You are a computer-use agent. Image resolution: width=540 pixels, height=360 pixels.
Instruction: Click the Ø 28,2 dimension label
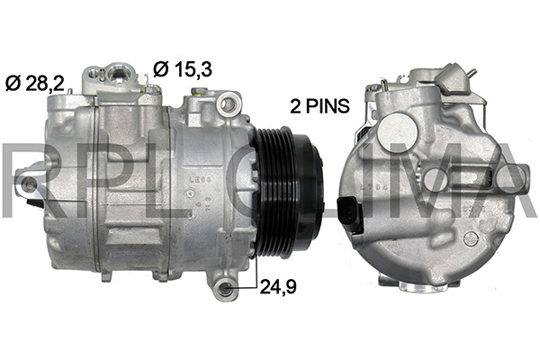(35, 84)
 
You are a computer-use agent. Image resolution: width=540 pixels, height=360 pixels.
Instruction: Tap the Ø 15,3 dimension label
(183, 69)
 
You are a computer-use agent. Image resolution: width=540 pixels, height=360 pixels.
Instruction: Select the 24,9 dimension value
(278, 286)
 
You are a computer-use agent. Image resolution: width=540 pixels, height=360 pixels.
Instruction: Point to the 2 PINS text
(319, 106)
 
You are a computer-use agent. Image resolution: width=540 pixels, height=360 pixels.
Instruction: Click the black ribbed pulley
(289, 192)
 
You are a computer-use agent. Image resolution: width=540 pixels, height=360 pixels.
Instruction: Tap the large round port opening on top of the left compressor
(118, 74)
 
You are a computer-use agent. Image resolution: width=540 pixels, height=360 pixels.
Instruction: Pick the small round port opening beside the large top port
(93, 73)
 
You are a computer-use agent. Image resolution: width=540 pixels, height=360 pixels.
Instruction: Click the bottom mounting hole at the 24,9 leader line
(225, 286)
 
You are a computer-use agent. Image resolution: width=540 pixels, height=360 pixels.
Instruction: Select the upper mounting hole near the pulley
(228, 103)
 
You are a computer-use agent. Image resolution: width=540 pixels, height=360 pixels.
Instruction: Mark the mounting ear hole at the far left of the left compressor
(28, 184)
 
